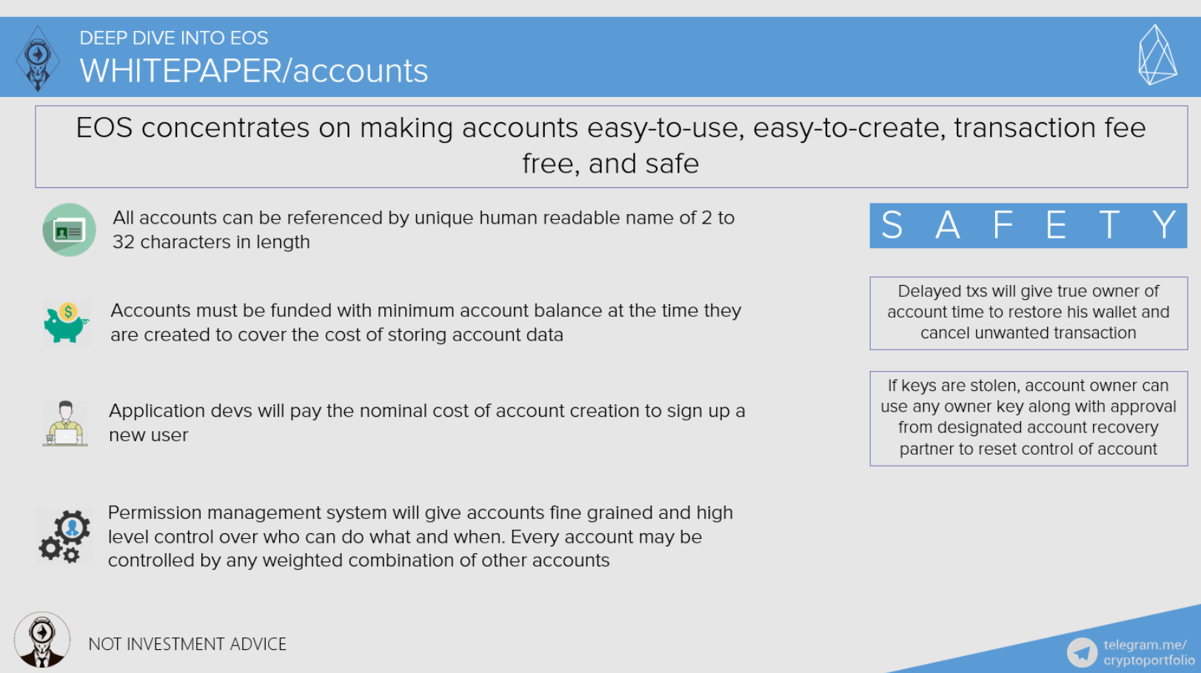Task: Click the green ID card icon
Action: click(69, 230)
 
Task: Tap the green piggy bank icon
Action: click(67, 323)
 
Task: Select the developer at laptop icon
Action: click(65, 423)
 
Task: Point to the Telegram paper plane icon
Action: click(1082, 652)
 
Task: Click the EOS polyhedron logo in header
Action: click(1157, 56)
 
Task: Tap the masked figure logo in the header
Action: click(38, 58)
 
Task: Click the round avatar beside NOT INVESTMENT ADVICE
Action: click(41, 640)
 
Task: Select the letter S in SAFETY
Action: click(891, 224)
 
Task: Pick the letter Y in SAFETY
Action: click(1164, 224)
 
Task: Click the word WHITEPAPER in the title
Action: click(181, 71)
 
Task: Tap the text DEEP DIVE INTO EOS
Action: click(174, 38)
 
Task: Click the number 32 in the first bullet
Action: click(124, 242)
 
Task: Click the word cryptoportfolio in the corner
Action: click(1149, 660)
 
